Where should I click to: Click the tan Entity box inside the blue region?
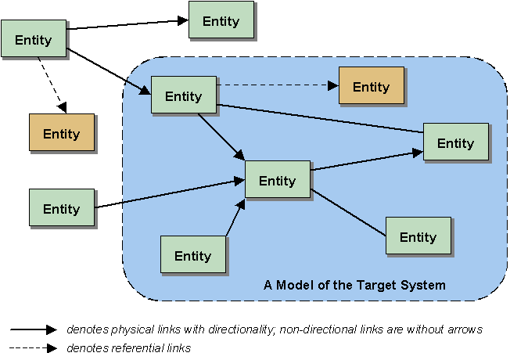371,86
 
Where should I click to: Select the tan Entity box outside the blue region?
62,133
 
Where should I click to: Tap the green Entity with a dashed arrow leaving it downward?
33,39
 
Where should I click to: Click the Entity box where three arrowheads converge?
277,180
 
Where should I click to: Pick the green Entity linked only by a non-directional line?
418,236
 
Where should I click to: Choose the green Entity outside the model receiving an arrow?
221,21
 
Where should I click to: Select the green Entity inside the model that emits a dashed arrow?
183,96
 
